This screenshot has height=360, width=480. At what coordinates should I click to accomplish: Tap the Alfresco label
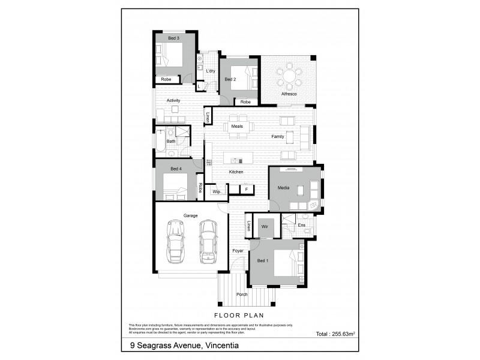[x=290, y=95]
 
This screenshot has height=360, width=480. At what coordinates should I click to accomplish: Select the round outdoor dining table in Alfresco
[x=290, y=76]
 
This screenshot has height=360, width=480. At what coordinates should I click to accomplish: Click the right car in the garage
[x=208, y=241]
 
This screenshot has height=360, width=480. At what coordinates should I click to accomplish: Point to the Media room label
[x=283, y=188]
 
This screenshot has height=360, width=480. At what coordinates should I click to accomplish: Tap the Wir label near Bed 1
[x=265, y=227]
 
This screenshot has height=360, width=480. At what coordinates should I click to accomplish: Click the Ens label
[x=302, y=226]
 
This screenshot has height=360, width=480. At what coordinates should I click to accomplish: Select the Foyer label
[x=238, y=251]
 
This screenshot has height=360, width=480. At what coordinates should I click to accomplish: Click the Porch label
[x=242, y=295]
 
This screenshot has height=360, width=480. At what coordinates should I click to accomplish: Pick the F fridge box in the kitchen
[x=246, y=190]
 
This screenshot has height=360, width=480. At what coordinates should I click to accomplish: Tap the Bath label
[x=171, y=142]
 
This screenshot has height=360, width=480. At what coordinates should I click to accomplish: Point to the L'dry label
[x=210, y=71]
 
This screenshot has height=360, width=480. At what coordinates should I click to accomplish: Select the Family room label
[x=277, y=137]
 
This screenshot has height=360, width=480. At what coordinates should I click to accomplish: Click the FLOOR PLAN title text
[x=239, y=314]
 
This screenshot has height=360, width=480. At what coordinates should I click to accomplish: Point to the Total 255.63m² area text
[x=336, y=334]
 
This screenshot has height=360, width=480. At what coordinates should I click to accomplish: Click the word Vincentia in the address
[x=226, y=346]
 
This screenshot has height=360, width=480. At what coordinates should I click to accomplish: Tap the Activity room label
[x=173, y=100]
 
